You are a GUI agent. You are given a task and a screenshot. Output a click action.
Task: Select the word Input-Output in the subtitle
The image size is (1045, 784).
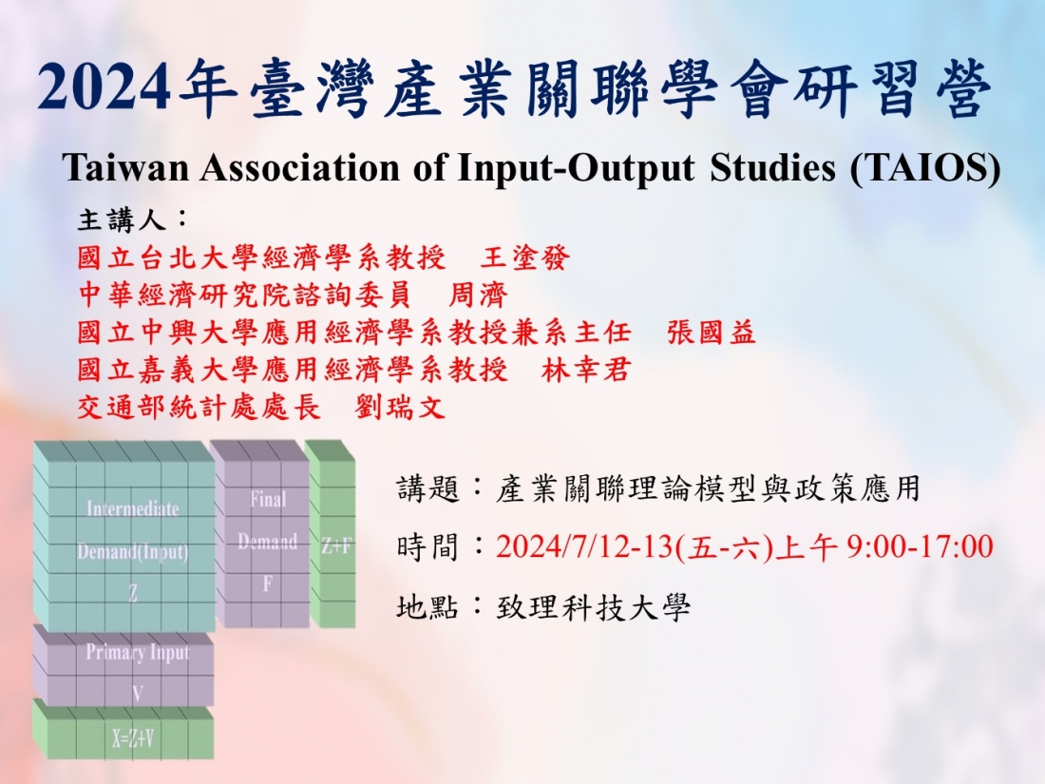point(577,167)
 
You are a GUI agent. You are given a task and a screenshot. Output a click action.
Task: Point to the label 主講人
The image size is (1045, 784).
point(122,220)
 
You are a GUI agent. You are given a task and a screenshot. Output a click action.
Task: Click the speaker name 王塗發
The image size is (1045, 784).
point(525,258)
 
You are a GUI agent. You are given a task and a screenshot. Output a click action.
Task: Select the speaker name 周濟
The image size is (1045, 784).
point(479,295)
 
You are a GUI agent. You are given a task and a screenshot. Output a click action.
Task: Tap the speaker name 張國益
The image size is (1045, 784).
point(712,332)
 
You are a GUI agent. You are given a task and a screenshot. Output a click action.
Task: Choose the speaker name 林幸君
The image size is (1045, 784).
point(586,370)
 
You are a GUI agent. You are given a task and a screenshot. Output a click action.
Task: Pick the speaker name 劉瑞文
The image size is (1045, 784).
point(400,407)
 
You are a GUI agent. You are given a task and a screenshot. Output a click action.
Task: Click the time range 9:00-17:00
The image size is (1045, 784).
point(921,546)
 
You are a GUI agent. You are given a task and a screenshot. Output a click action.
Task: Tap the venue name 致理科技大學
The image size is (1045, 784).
point(593,606)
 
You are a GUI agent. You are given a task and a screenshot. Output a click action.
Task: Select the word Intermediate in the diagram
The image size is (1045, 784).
point(133,509)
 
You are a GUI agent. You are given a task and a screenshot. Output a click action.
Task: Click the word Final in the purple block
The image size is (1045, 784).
point(268,499)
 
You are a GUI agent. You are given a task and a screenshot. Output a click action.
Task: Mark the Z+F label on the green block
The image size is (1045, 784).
point(336,546)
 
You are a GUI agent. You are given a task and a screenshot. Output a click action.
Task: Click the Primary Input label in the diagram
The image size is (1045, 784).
point(138,652)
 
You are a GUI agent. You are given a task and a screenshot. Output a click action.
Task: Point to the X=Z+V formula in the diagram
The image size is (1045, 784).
point(133,738)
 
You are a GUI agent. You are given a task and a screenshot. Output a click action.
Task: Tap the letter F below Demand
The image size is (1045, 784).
point(267,584)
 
